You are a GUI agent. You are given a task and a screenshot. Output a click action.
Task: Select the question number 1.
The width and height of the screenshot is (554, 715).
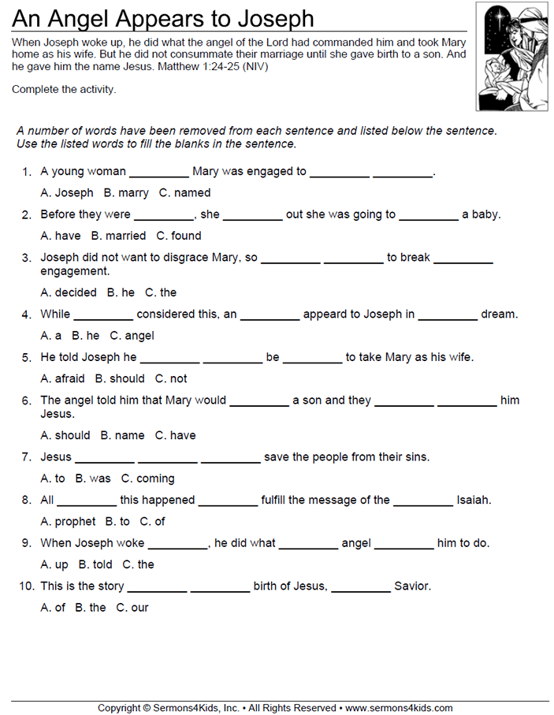pos(26,171)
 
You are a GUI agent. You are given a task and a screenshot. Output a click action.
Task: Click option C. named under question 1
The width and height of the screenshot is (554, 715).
pos(184,192)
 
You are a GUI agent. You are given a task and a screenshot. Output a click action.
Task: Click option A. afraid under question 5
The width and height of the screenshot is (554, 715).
pos(63,378)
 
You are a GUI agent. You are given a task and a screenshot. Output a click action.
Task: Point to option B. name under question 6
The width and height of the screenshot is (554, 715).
pos(122,435)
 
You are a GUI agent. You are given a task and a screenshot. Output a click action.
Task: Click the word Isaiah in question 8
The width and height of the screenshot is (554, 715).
pos(474,500)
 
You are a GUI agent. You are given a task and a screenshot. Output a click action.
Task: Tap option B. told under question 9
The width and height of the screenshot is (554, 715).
pos(95,564)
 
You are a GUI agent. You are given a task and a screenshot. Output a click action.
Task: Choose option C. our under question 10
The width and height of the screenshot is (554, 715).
pos(132,608)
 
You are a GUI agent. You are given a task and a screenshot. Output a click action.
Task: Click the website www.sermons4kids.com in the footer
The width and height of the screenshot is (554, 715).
pos(399,708)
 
